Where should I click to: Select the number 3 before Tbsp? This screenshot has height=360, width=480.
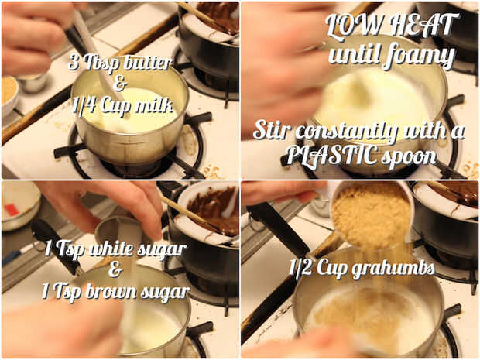74,62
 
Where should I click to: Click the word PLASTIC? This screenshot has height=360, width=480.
331,156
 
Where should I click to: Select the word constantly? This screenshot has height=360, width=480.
347,131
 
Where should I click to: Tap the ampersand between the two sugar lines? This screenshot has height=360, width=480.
115,269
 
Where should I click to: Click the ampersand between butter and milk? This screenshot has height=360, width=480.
120,84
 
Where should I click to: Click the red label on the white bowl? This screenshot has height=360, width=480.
12,210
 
